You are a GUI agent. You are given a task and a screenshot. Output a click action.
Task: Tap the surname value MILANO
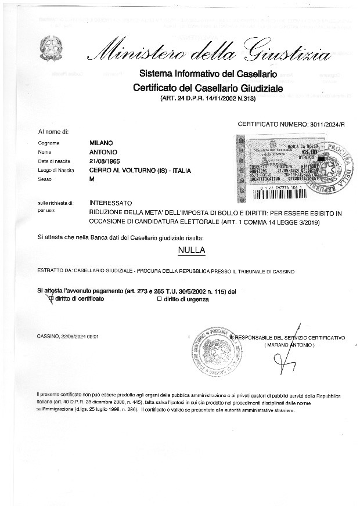click(101, 143)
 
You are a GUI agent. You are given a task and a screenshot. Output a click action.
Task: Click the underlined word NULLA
click(192, 251)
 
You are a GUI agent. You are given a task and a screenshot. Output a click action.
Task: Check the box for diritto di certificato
click(51, 299)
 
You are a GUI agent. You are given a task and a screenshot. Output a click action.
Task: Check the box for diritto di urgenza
click(159, 299)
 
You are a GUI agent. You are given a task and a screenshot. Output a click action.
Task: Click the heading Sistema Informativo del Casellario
click(207, 74)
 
